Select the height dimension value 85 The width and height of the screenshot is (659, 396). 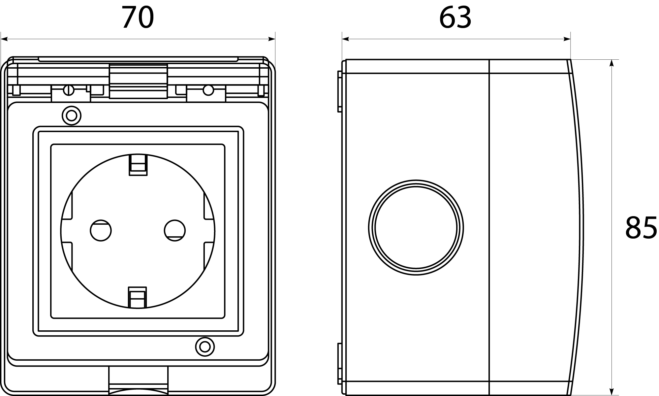pos(641,228)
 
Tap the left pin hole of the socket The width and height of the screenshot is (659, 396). pos(101,230)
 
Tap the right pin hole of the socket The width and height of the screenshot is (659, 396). pos(175,230)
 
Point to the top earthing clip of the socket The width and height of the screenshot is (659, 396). pos(138,165)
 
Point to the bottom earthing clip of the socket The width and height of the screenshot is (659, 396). pos(137,297)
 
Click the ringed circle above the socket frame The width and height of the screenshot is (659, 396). pos(72,116)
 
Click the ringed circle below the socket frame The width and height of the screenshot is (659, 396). pos(205,347)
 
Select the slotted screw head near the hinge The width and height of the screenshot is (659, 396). pos(69,90)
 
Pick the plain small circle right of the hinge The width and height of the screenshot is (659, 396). pos(208,90)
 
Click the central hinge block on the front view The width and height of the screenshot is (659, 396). pos(138,81)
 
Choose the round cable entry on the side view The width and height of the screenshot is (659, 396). pos(416,227)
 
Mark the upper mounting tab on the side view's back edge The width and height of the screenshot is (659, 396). pos(340,91)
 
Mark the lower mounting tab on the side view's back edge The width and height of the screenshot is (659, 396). pos(340,363)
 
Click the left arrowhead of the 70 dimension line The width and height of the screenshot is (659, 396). pos(4,40)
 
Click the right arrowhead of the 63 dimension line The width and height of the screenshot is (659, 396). pos(567,40)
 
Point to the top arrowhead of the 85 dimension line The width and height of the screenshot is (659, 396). pos(612,63)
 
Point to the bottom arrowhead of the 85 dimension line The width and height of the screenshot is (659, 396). pos(612,392)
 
